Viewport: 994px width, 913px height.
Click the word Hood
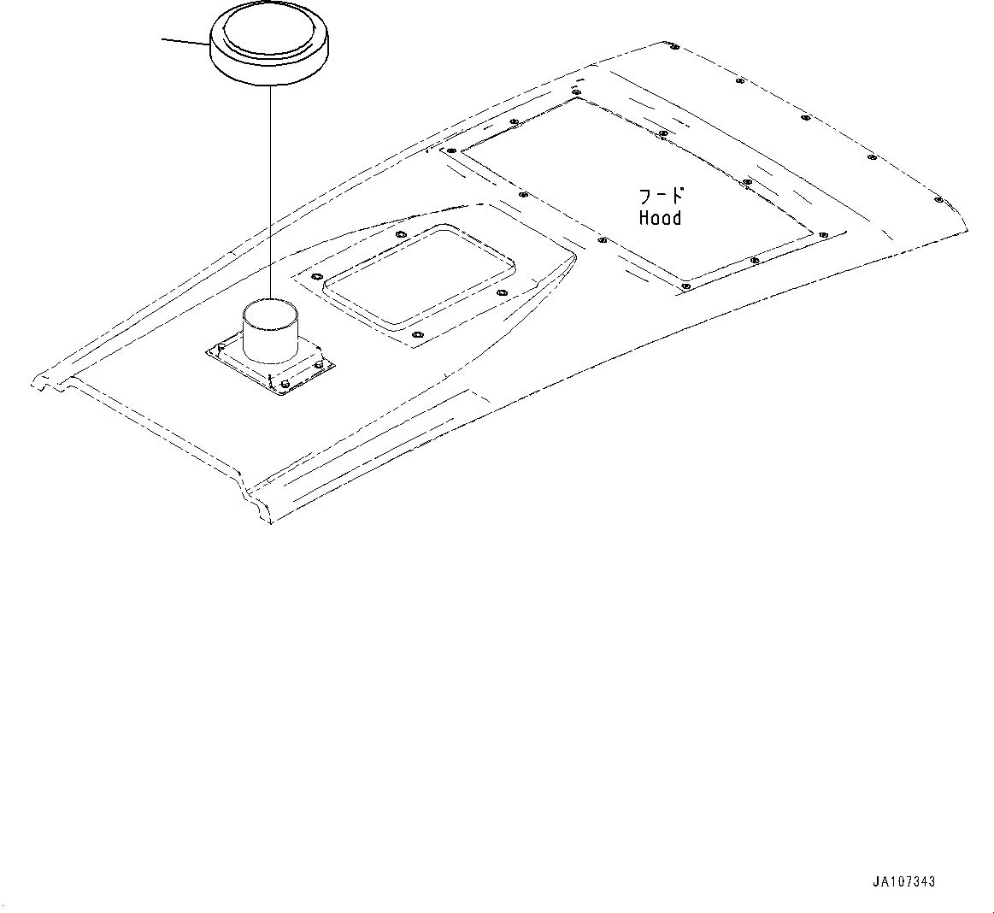[x=660, y=218]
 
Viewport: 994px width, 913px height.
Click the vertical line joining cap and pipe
[x=270, y=188]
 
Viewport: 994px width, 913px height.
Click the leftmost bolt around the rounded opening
[x=316, y=276]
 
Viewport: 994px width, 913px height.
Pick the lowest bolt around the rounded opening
[x=416, y=335]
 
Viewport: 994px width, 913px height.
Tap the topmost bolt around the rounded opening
[x=401, y=233]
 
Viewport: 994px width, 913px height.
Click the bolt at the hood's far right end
[x=938, y=200]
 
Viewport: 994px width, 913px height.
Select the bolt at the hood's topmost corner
[x=674, y=47]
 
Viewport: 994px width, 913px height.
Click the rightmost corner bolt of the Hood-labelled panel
[x=823, y=233]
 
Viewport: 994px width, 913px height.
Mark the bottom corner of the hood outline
[x=270, y=520]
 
